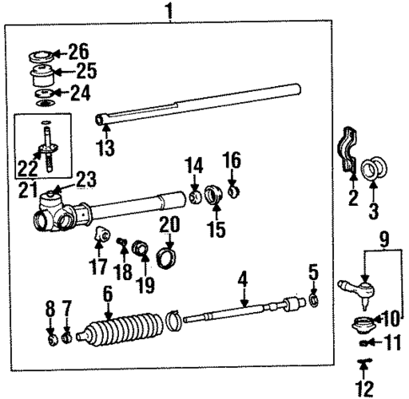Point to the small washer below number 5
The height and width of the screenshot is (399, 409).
tap(314, 300)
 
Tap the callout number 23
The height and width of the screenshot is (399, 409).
tap(85, 179)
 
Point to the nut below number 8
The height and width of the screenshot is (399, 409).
tap(51, 340)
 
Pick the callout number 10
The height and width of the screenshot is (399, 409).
tap(390, 319)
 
